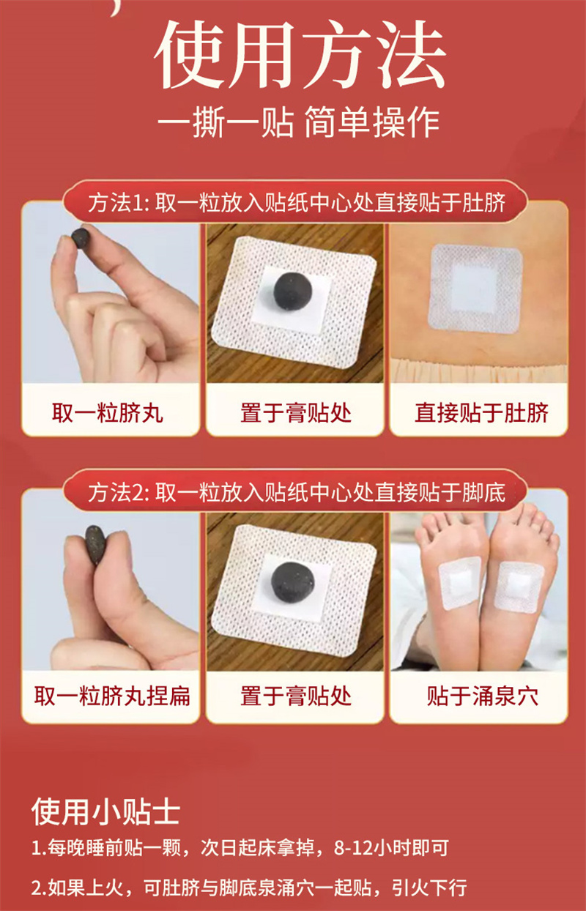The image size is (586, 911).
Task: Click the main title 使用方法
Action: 300,55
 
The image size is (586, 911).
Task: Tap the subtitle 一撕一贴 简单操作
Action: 298,122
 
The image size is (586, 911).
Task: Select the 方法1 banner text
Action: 297,203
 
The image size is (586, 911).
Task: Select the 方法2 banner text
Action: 297,493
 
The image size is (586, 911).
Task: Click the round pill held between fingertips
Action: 81,237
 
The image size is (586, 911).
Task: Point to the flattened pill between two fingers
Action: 96,544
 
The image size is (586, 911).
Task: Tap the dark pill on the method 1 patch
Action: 292,290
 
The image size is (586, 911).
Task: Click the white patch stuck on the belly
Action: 475,289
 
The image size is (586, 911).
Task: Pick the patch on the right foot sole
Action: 519,587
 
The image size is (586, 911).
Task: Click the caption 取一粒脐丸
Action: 108,413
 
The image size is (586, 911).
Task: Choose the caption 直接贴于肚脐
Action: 481,413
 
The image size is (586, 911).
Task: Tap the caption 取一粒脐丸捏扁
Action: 112,696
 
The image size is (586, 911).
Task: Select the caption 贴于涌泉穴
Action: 482,696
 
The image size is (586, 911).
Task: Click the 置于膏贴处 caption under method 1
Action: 296,413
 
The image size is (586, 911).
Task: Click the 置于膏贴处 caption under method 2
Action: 296,696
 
